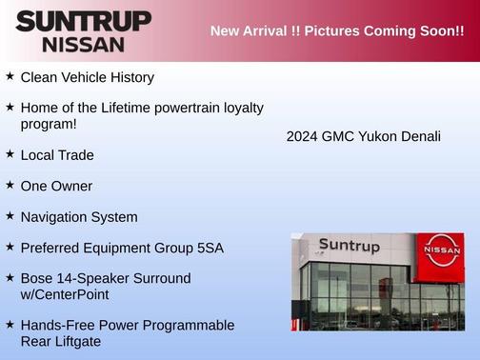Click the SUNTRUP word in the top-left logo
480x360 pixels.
[x=83, y=21]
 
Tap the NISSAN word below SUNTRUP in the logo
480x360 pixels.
[x=83, y=44]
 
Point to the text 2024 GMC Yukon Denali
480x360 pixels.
[x=363, y=136]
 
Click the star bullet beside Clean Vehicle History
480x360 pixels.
[x=10, y=76]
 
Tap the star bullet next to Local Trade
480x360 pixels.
[x=10, y=153]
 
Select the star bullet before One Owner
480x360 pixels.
[x=10, y=185]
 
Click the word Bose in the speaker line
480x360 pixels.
[x=37, y=278]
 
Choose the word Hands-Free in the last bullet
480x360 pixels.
[x=56, y=325]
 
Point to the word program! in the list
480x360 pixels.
[x=49, y=124]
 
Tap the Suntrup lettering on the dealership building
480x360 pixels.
[x=349, y=247]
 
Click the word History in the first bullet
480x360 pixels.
[x=130, y=77]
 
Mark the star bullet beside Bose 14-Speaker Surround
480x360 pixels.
[x=10, y=278]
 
